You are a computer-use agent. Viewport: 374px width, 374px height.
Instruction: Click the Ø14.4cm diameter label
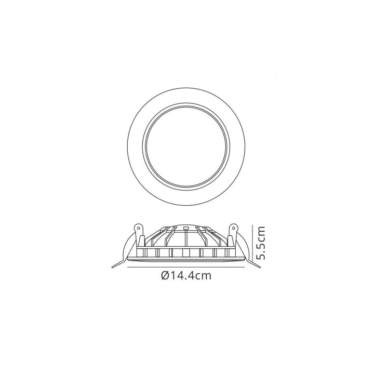(186, 276)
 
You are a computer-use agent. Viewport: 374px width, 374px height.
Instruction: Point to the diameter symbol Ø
(165, 276)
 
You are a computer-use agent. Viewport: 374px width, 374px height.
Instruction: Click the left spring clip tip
(115, 266)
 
